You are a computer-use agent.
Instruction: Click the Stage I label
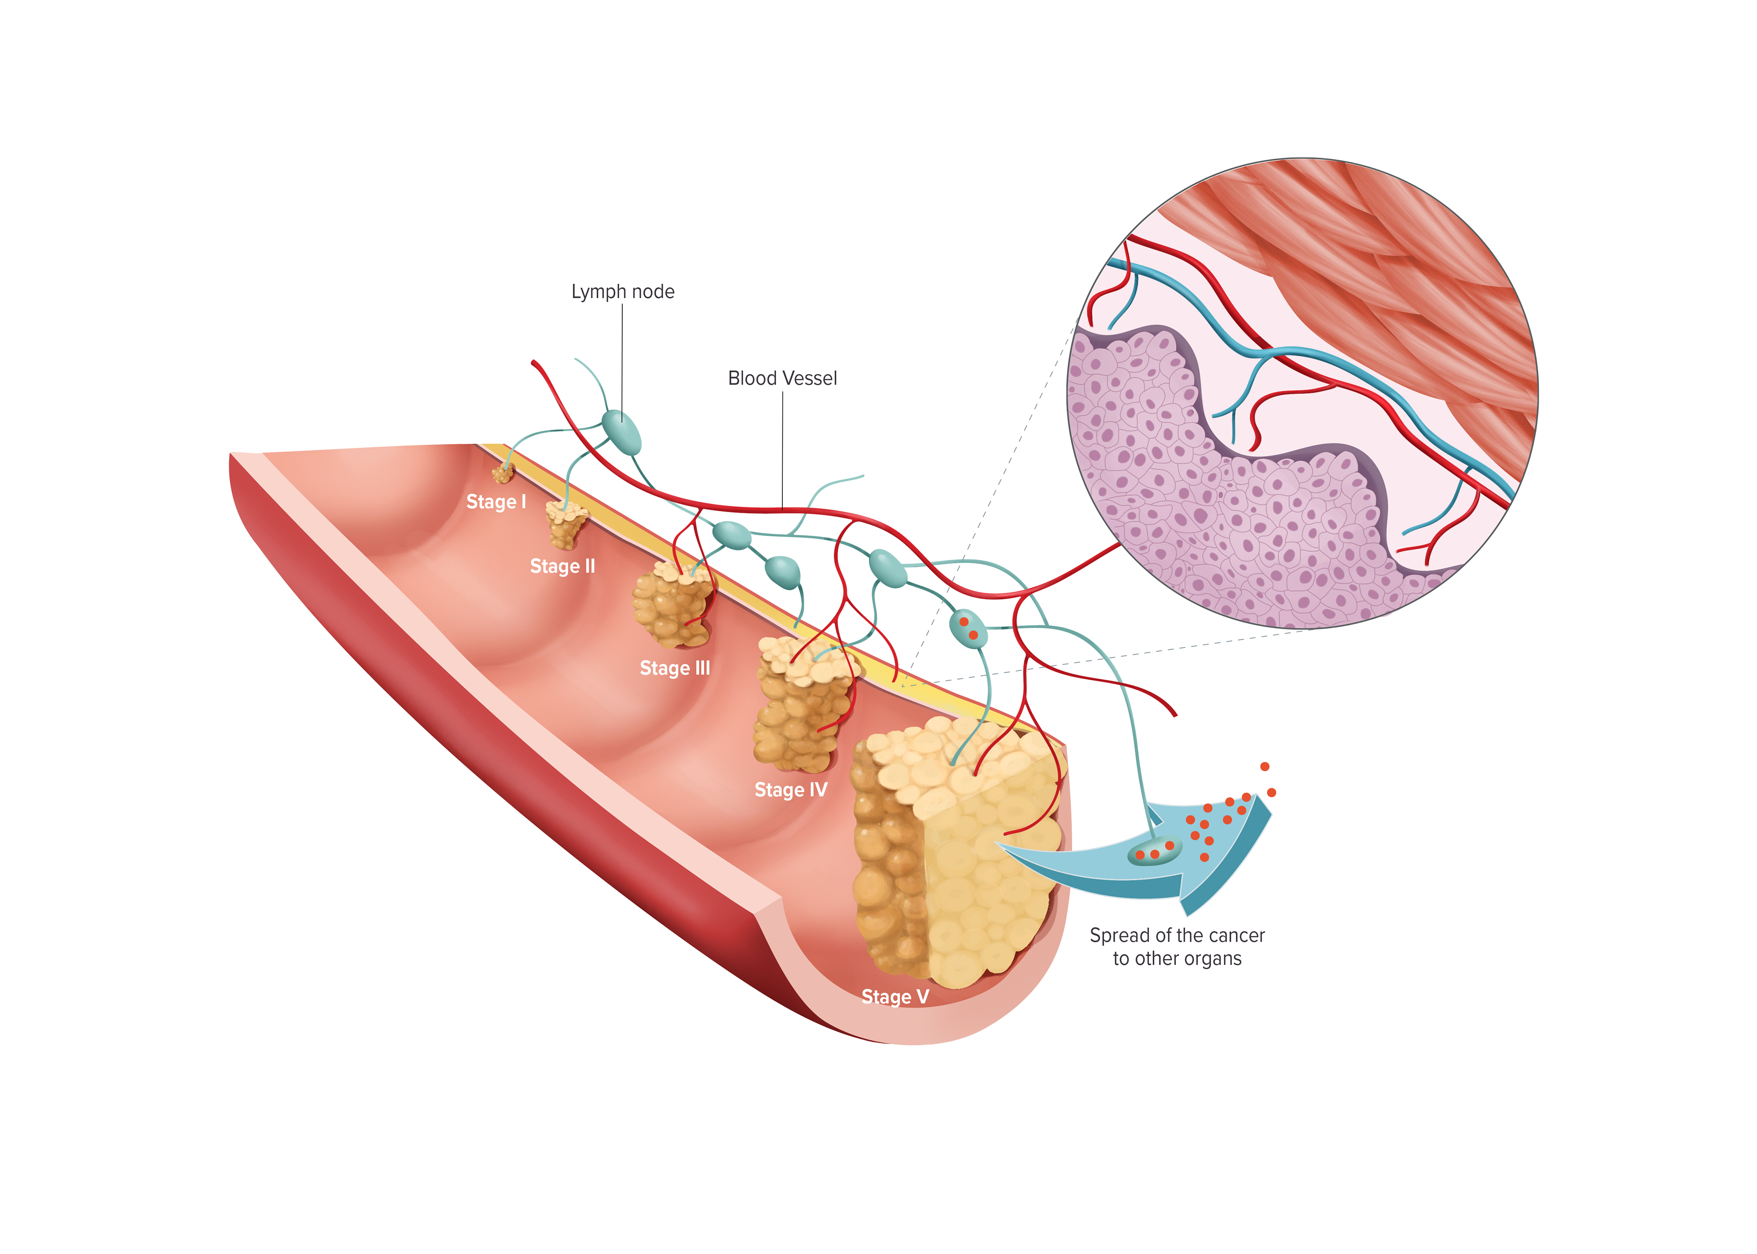[496, 502]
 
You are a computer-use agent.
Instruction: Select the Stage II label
[562, 567]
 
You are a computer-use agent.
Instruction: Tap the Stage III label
[674, 668]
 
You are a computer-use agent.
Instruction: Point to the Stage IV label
[790, 790]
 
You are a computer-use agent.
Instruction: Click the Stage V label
[895, 997]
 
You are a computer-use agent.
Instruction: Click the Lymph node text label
[622, 292]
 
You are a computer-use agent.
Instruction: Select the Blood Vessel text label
[782, 378]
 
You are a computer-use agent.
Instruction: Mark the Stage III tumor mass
[671, 606]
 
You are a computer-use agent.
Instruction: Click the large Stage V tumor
[958, 849]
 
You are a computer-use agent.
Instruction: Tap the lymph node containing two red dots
[968, 628]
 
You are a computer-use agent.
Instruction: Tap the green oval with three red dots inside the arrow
[1154, 852]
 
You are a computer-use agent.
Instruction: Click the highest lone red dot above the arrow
[1264, 767]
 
